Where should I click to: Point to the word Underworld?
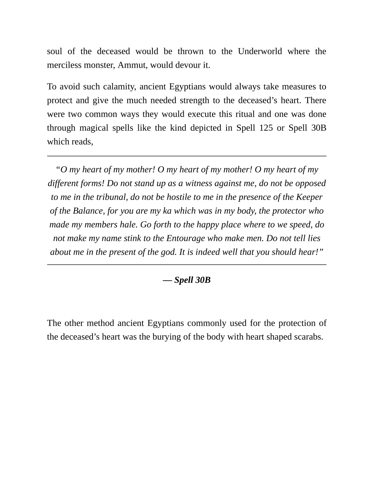pos(260,51)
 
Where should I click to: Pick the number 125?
pos(266,128)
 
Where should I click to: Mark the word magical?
pos(94,128)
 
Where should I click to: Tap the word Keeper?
pos(309,197)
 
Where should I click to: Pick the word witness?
pos(198,183)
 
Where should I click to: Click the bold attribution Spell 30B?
pos(192,280)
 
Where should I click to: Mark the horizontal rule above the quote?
pos(187,156)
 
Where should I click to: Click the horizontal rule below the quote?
pos(187,265)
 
